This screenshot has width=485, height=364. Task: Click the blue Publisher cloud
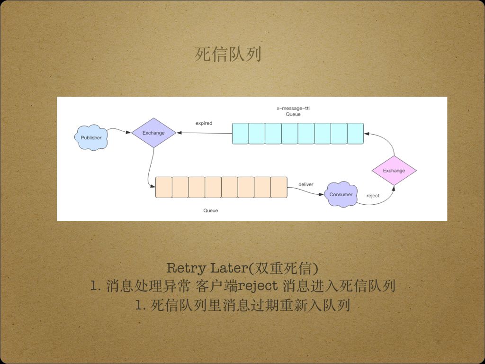pos(91,137)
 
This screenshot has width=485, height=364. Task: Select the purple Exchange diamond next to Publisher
pos(153,133)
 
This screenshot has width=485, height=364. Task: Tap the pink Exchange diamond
pos(394,171)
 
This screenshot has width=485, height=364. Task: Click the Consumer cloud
pos(341,194)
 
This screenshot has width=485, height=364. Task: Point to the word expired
pos(204,123)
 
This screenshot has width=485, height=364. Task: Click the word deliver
pos(305,184)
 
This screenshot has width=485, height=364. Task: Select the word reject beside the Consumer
pos(373,195)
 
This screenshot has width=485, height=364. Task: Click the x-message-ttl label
pos(293,109)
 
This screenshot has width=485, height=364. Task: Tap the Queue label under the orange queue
pos(211,210)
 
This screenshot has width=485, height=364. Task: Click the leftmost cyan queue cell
pos(240,133)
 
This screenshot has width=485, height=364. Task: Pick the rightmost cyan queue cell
pos(355,133)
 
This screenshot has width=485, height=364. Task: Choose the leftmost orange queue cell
pos(163,187)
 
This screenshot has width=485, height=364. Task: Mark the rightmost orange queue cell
pos(279,187)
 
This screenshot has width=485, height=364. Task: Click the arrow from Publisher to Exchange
pos(118,130)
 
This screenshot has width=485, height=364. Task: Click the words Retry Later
pos(207,268)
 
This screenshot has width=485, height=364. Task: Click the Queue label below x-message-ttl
pos(293,114)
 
